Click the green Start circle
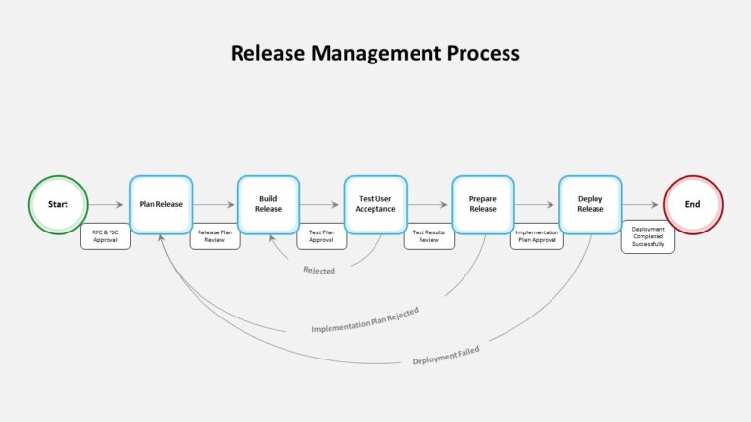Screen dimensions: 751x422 coord(59,205)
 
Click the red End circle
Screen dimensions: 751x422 coord(693,205)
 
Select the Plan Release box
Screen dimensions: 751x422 coord(161,205)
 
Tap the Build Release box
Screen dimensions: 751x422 coord(268,205)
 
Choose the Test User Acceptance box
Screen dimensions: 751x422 coord(375,205)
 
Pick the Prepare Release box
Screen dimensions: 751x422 coord(483,205)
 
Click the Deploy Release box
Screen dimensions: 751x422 coord(590,205)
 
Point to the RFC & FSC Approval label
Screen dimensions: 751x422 coord(106,236)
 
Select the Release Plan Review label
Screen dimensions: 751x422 coord(214,236)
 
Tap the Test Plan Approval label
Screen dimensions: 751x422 coord(322,236)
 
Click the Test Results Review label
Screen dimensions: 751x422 coord(428,236)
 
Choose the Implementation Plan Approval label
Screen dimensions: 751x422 coord(537,236)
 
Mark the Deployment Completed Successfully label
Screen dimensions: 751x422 coord(647,236)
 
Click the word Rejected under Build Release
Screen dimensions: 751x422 coord(319,271)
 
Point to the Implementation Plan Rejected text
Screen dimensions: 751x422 coord(365,320)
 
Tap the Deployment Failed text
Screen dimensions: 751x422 coord(446,356)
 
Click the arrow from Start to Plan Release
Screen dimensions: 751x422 coord(107,205)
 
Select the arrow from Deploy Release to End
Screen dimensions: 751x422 coord(641,205)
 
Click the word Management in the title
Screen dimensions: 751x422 coord(375,53)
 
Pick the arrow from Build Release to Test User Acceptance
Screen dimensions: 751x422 coord(320,205)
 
